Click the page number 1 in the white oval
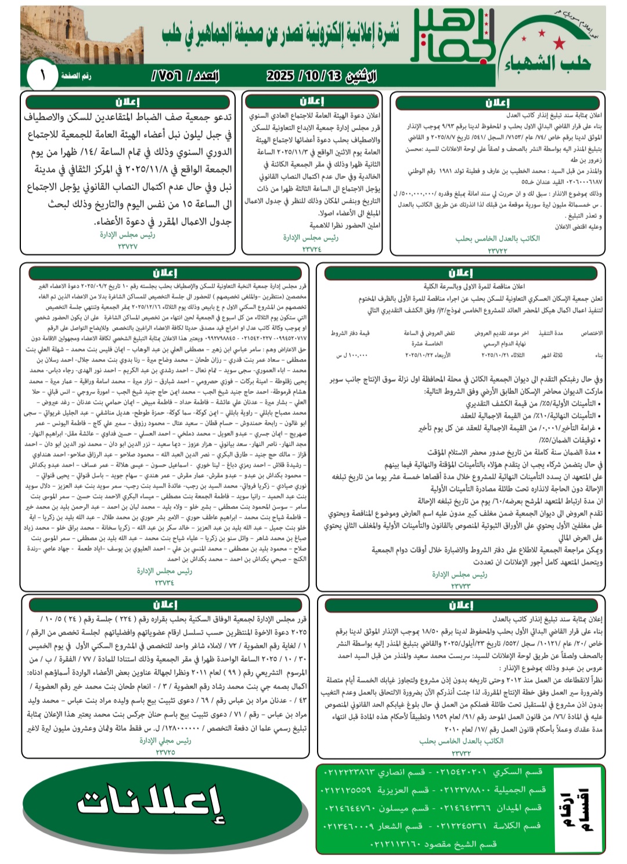click(x=43, y=76)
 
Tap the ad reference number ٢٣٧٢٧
click(x=127, y=246)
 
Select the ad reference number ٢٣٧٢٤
click(x=311, y=249)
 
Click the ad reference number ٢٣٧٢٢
click(x=497, y=250)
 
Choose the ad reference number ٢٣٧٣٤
click(x=164, y=582)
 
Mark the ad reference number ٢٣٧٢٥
click(x=165, y=752)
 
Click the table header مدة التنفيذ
click(x=550, y=333)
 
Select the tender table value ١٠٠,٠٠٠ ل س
click(x=352, y=354)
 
